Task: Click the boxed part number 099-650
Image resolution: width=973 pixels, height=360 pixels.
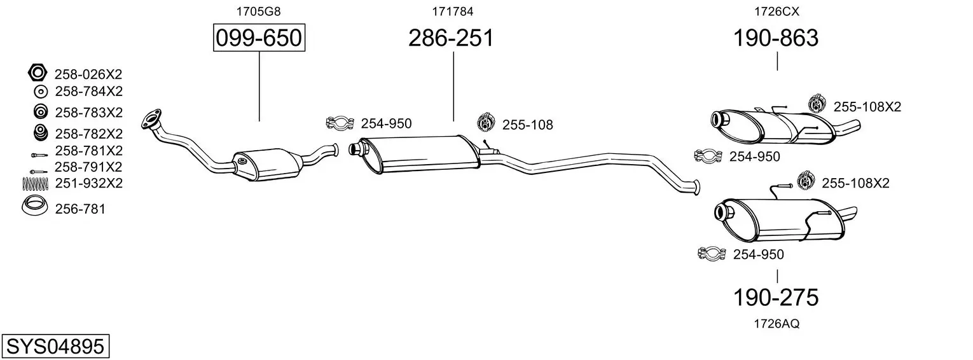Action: coord(259,38)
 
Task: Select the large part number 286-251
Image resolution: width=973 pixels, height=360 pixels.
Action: coord(451,38)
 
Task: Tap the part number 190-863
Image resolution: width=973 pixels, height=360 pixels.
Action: coord(776,38)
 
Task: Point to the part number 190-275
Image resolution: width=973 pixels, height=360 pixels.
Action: coord(776,298)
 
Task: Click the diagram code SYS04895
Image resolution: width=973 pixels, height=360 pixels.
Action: coord(55,347)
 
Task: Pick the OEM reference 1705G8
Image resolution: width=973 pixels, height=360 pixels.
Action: coord(258,11)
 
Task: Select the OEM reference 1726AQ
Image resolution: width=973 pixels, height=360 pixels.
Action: coord(776,324)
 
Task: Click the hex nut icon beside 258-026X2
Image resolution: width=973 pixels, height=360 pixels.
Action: coord(38,73)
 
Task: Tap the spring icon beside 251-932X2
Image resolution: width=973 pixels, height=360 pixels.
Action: coord(35,184)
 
